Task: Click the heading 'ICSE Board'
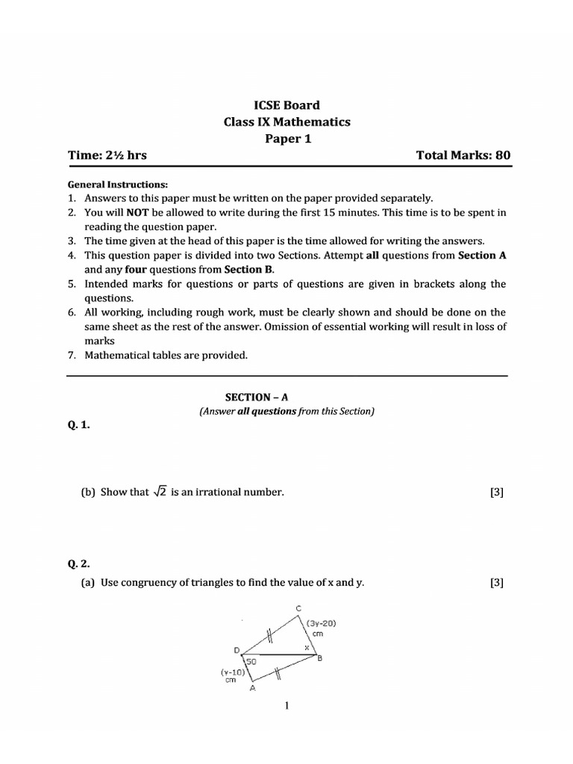click(x=287, y=105)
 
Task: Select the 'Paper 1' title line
click(x=287, y=138)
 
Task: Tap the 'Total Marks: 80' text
click(x=463, y=155)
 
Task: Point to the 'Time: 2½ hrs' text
click(x=107, y=155)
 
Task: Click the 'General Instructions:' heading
click(x=118, y=184)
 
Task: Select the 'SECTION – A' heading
click(x=286, y=398)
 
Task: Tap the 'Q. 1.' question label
click(x=78, y=425)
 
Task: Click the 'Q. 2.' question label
click(x=78, y=564)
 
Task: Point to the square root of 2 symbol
click(x=160, y=492)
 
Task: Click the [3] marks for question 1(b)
click(x=497, y=493)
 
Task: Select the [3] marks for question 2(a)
click(x=497, y=583)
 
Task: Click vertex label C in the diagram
click(x=299, y=609)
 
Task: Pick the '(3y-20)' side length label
click(x=320, y=623)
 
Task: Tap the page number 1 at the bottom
click(x=287, y=706)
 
